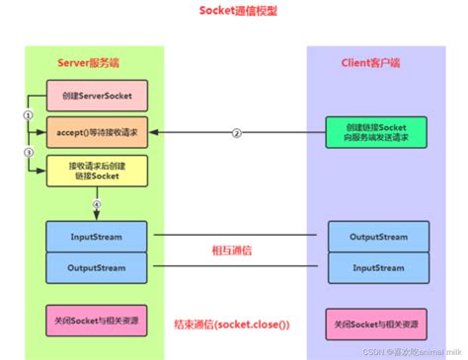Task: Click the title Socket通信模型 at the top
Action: [235, 12]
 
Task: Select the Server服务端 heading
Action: [90, 64]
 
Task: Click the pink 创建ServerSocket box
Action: [97, 96]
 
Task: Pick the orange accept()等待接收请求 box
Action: [97, 132]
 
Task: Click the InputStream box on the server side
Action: [97, 238]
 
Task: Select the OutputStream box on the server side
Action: [97, 267]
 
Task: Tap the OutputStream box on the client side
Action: [378, 238]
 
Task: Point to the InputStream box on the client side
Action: [378, 267]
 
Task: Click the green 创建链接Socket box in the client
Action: [378, 132]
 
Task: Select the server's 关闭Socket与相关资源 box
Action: [97, 323]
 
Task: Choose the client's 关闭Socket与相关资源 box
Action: [378, 324]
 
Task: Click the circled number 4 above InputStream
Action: [97, 203]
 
